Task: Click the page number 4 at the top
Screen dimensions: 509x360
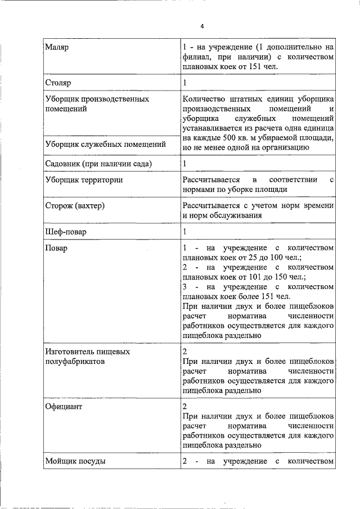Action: click(x=202, y=26)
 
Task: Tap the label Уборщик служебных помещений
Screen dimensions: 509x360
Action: click(x=105, y=144)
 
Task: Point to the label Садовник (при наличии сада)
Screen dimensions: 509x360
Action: click(x=100, y=164)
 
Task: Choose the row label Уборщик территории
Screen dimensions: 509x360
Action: click(x=84, y=180)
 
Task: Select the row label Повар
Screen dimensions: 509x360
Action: click(x=56, y=248)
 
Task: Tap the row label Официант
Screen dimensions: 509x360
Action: click(x=64, y=406)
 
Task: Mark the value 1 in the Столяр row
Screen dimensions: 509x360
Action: click(x=184, y=83)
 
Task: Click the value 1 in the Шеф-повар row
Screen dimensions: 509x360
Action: click(x=184, y=231)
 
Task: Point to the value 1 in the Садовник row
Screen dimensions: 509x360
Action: click(x=184, y=164)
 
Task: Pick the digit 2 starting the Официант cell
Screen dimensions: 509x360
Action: click(x=185, y=406)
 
